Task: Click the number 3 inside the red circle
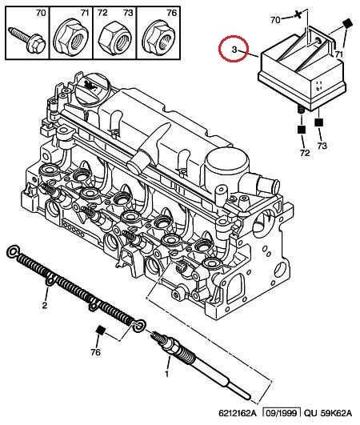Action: (234, 50)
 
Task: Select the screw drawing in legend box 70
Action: (27, 40)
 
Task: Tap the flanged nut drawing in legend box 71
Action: (71, 37)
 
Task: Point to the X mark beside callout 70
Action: (298, 14)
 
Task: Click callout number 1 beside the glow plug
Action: (166, 375)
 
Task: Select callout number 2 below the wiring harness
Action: (45, 305)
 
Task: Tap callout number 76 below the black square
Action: (95, 352)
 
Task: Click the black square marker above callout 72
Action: (302, 130)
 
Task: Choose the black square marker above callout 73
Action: (319, 122)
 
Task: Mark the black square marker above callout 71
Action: (347, 23)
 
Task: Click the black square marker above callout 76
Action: (101, 331)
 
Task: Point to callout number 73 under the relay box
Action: (322, 146)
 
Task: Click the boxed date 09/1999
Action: (282, 413)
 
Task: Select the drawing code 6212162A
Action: (238, 413)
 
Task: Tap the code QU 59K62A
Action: (328, 413)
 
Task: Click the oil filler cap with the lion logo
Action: (91, 87)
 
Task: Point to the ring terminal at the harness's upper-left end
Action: (13, 252)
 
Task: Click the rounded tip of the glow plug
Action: (247, 397)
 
